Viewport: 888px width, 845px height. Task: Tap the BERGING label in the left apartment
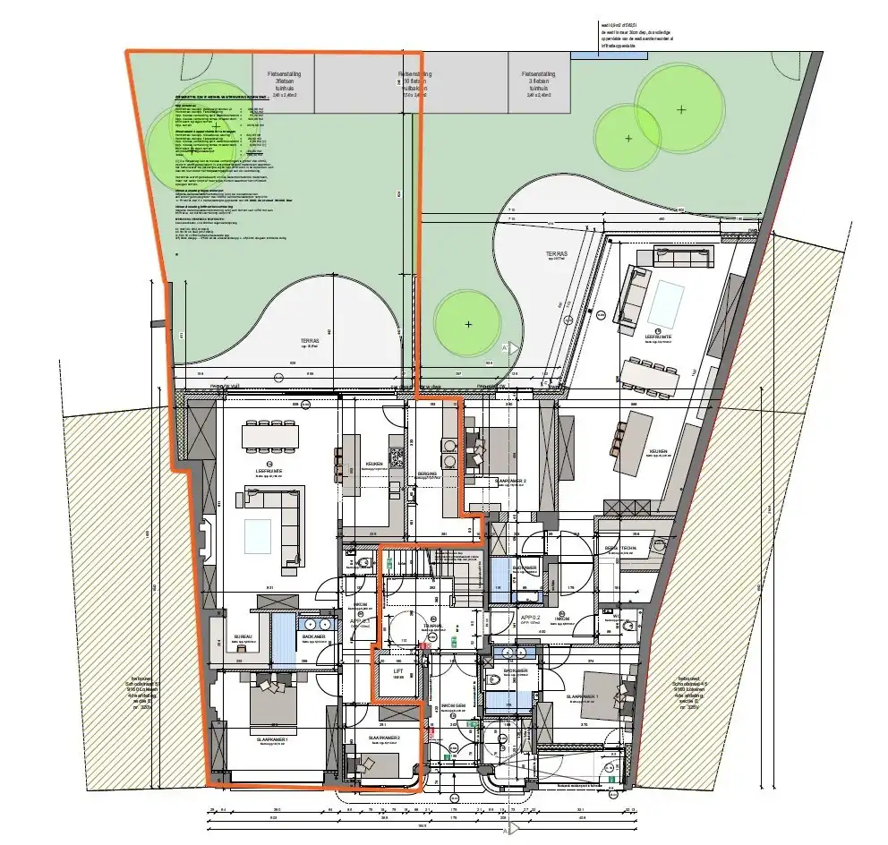427,474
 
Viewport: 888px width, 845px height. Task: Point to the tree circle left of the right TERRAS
467,323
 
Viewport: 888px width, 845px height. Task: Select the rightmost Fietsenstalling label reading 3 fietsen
540,81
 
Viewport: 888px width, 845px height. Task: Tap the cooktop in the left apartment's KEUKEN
397,457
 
